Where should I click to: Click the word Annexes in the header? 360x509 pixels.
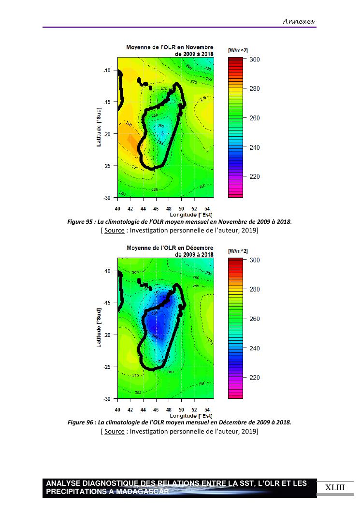(x=298, y=21)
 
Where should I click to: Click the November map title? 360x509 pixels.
(x=169, y=50)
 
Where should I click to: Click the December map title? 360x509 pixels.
(x=170, y=251)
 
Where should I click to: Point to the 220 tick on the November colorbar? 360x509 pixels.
(x=254, y=177)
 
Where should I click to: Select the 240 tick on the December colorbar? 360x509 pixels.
(x=254, y=348)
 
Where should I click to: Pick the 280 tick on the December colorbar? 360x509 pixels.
(x=254, y=289)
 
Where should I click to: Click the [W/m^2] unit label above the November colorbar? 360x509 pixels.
(x=238, y=50)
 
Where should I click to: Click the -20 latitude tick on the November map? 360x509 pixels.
(x=107, y=134)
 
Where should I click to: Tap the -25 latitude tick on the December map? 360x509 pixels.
(x=107, y=366)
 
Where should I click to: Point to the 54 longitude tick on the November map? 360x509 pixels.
(x=207, y=208)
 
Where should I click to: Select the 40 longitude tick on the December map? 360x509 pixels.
(x=117, y=409)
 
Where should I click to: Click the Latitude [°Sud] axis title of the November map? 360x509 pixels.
(x=99, y=127)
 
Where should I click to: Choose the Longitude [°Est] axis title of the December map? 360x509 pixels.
(x=191, y=415)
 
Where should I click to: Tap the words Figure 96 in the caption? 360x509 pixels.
(x=80, y=422)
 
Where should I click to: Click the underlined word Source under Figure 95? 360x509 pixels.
(x=114, y=230)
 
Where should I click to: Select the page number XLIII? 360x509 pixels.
(x=335, y=487)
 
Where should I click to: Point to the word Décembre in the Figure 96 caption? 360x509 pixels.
(x=235, y=422)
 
